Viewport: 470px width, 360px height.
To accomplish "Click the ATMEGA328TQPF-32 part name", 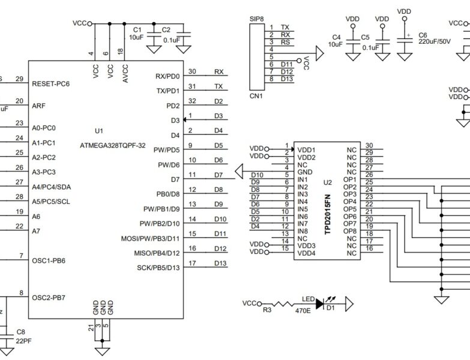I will pos(113,145).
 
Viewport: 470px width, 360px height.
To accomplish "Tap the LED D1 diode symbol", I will pos(329,304).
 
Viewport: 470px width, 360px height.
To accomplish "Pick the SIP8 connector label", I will pos(257,19).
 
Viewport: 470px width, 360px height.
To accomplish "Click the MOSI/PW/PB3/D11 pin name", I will pos(151,239).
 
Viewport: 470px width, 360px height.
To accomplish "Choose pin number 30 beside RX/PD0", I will pos(192,71).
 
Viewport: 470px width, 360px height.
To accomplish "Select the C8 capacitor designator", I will pos(20,332).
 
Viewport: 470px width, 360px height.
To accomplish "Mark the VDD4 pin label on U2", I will pos(306,253).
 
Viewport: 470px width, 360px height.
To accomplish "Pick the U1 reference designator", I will pos(99,130).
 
